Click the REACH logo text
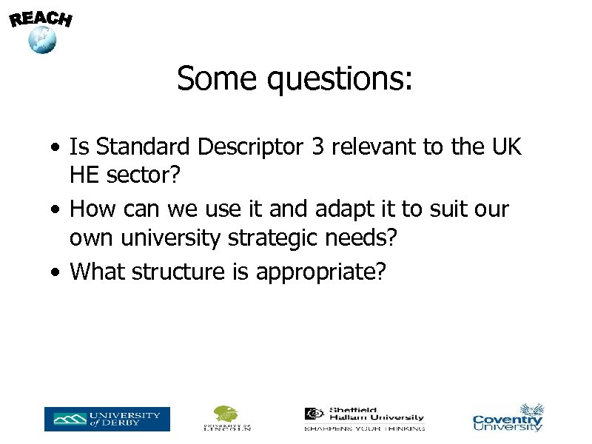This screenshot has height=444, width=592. click(x=41, y=18)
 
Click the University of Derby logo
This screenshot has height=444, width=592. click(x=107, y=419)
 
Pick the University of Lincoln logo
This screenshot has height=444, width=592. click(x=227, y=418)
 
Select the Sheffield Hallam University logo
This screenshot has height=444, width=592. click(x=364, y=418)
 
